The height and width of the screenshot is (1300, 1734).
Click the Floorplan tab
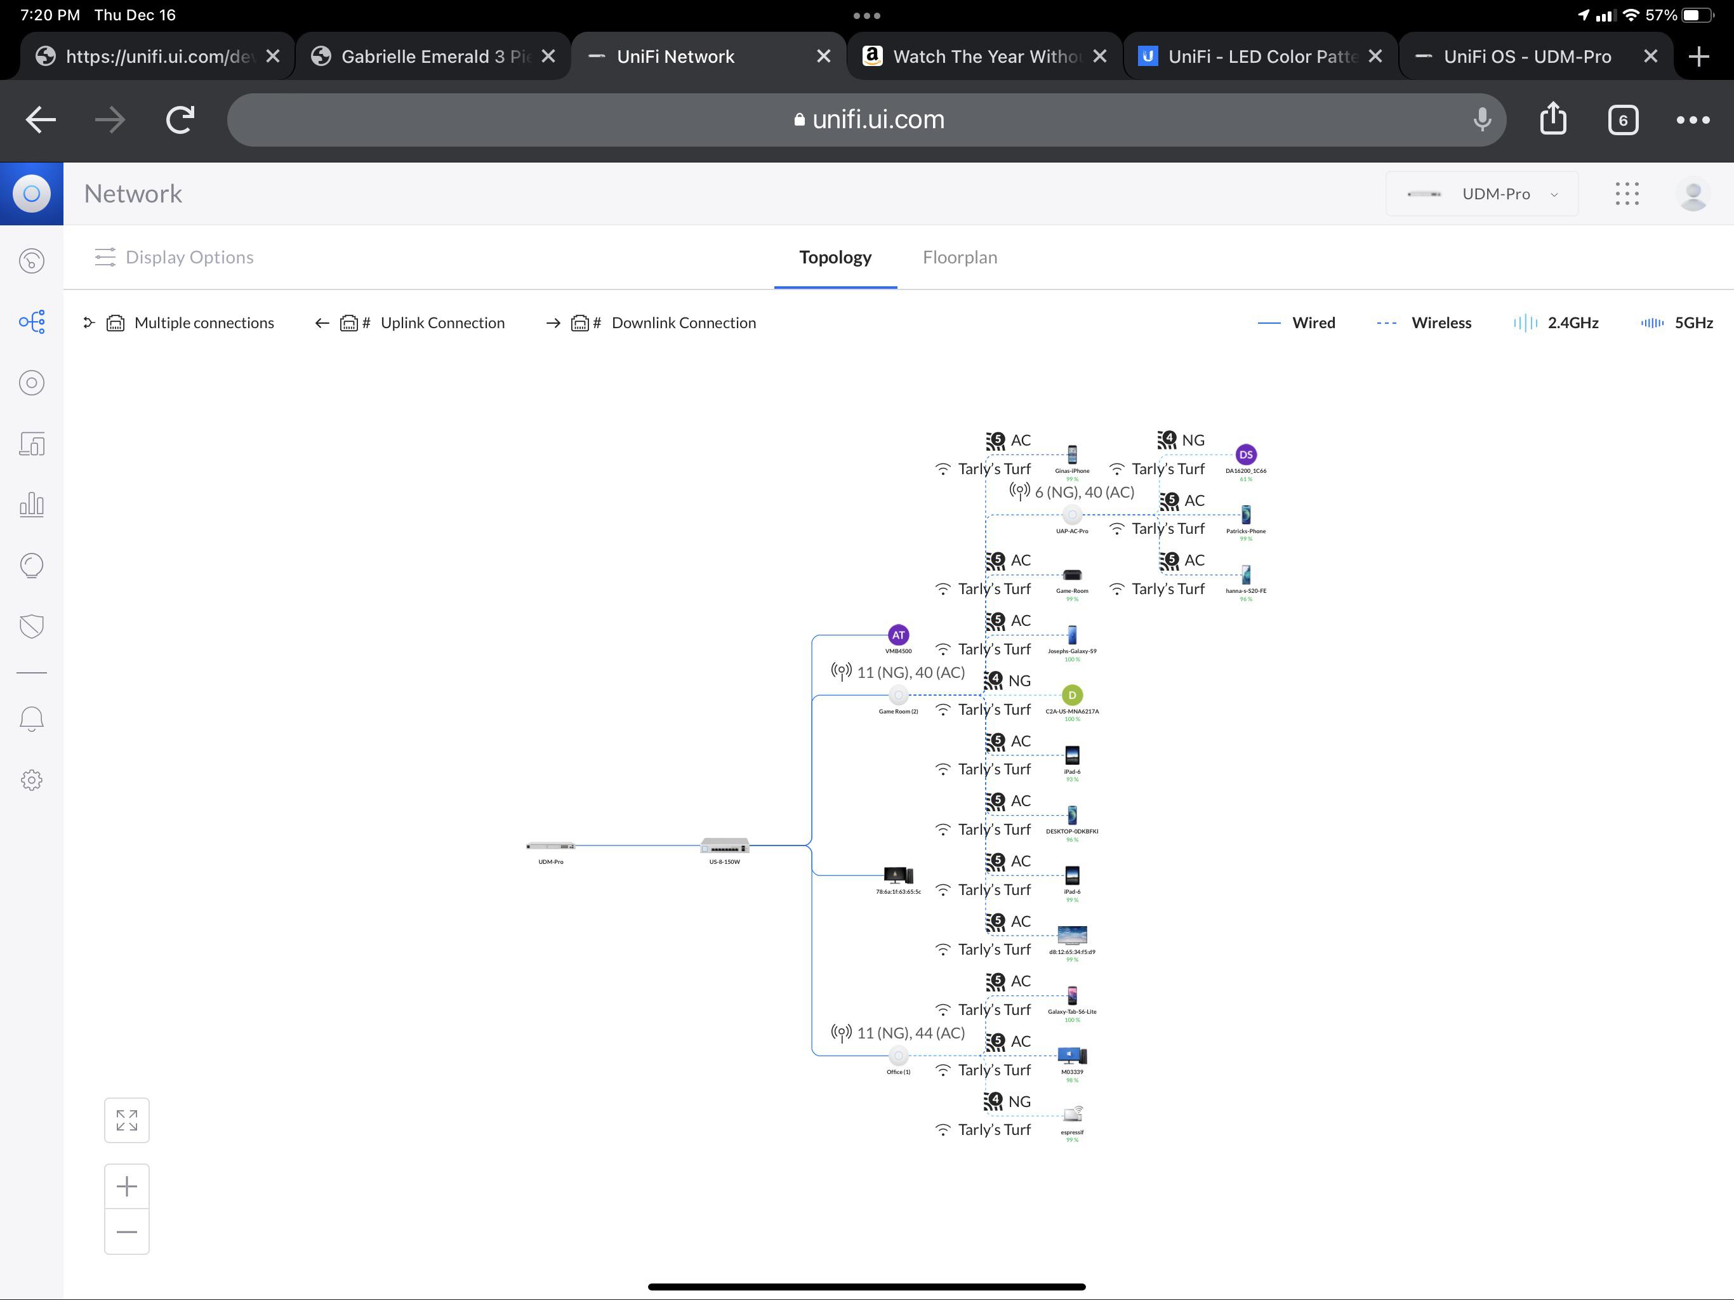coord(959,257)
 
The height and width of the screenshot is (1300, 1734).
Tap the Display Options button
coord(174,257)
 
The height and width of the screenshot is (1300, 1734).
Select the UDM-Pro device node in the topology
coord(550,846)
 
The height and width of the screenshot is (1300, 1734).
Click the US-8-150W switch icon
coord(724,846)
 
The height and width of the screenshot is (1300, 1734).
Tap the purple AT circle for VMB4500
coord(897,635)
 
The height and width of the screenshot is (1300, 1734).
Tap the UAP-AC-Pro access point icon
coord(1071,515)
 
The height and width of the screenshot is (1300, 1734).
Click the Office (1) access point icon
coord(897,1056)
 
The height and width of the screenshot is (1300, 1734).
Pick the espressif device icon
coord(1071,1114)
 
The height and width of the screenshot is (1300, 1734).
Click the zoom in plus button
coord(127,1186)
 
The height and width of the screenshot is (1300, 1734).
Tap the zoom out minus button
coord(127,1232)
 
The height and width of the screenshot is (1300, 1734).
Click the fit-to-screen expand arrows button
coord(127,1120)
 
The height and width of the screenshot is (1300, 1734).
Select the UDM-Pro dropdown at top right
coord(1481,194)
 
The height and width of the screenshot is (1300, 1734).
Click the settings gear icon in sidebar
coord(31,780)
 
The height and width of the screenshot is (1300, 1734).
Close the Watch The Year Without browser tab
coord(1099,56)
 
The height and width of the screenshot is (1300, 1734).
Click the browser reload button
coord(180,120)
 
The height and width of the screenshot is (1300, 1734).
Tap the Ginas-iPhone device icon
coord(1071,454)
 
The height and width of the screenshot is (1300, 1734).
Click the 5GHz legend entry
coord(1677,323)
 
